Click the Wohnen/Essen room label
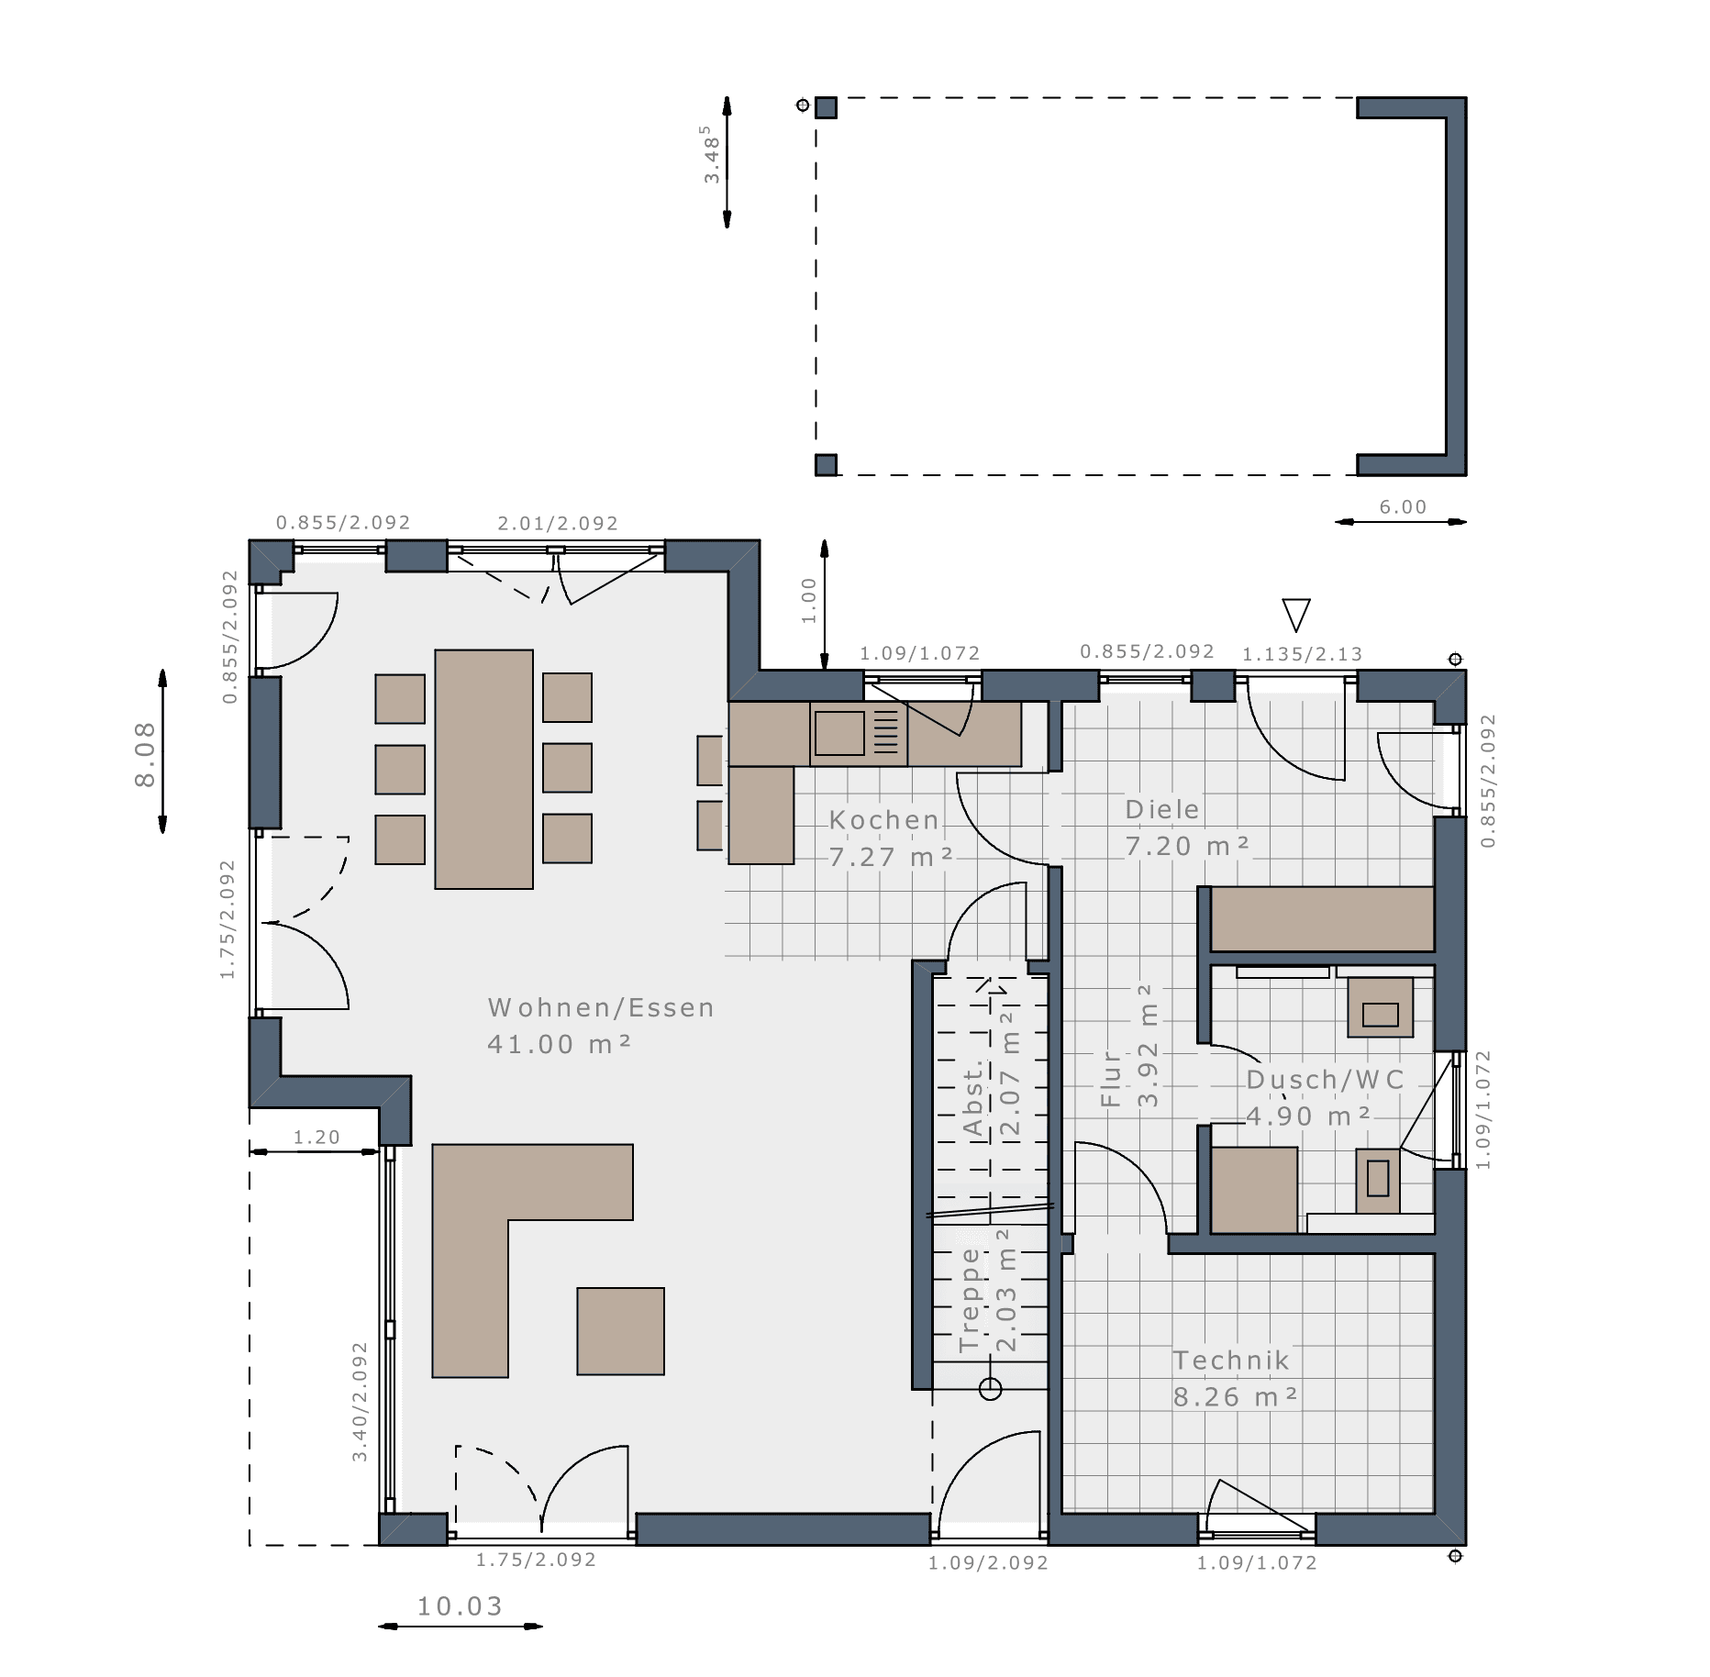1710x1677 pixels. (x=601, y=1007)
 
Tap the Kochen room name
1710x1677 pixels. (x=884, y=820)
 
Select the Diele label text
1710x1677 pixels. (x=1162, y=809)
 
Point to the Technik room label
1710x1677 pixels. (x=1231, y=1360)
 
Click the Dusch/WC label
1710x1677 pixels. (x=1326, y=1080)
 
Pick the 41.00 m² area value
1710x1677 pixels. (x=560, y=1044)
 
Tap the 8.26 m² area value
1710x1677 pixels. (x=1236, y=1397)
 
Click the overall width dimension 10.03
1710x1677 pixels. (x=461, y=1606)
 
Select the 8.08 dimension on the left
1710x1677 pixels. (x=145, y=755)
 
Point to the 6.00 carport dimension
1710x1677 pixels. (x=1404, y=507)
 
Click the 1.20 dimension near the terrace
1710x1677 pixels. (x=316, y=1138)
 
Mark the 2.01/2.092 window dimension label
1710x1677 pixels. (x=558, y=523)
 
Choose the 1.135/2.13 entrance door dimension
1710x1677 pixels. (x=1303, y=654)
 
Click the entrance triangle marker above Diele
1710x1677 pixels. (x=1296, y=612)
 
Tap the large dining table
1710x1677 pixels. (x=484, y=769)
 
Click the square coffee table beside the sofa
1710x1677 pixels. (x=621, y=1331)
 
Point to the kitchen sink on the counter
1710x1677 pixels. (x=839, y=733)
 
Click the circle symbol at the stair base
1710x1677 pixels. (x=990, y=1389)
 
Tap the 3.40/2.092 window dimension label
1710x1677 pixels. (x=360, y=1402)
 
